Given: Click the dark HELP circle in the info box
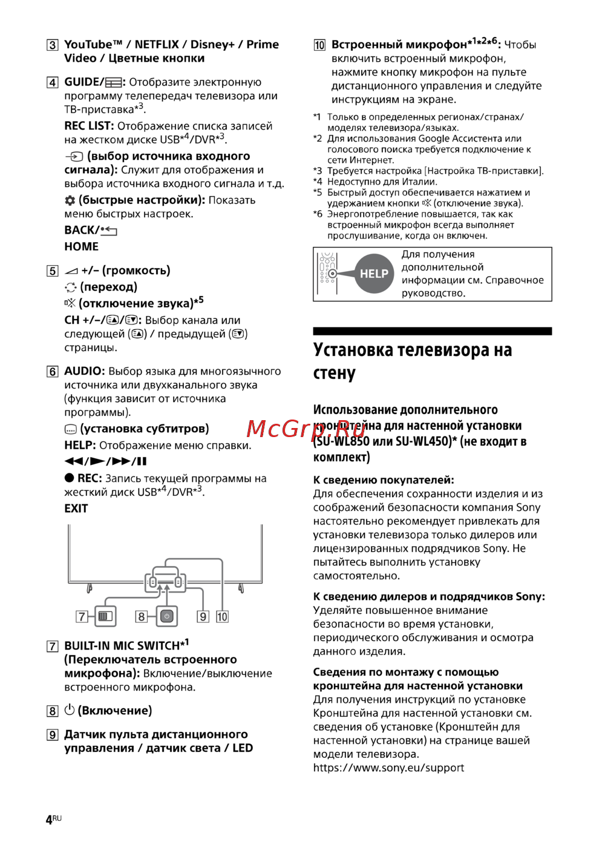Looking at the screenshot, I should click(374, 274).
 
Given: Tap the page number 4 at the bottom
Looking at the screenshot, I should click(49, 820).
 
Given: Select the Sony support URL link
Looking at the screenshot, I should click(388, 768).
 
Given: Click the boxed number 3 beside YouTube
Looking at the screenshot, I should click(53, 45).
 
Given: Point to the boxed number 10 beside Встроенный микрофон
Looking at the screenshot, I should click(319, 45).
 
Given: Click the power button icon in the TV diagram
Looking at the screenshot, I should click(167, 616).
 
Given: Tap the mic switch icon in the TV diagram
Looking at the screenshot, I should click(106, 616).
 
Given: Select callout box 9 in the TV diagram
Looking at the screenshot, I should click(203, 617).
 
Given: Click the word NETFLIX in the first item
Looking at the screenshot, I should click(157, 44).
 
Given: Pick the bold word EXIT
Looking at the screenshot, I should click(76, 509).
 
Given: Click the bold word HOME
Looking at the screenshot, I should click(81, 246).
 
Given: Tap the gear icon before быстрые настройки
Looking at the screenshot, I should click(70, 200).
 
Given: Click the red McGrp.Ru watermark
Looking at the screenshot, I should click(306, 429).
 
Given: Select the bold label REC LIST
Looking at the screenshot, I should click(88, 126).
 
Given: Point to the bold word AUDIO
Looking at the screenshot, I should click(85, 371).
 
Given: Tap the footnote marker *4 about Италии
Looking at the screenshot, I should click(318, 182).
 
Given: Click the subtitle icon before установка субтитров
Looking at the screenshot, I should click(70, 429).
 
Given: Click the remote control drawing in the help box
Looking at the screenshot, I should click(327, 274).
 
